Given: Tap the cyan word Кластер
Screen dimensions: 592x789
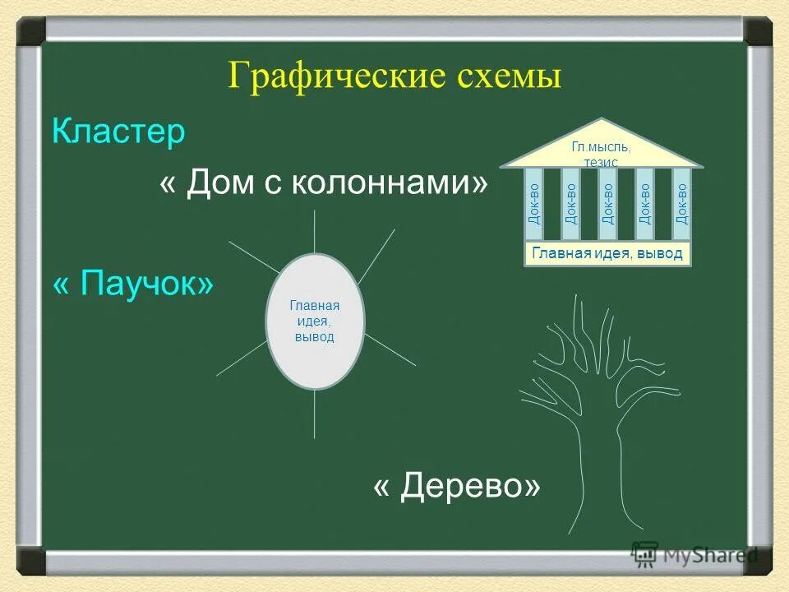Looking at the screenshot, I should (118, 132).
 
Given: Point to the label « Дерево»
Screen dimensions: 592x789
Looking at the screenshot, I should (457, 488).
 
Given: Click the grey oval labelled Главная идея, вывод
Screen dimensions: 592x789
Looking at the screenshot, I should (315, 321).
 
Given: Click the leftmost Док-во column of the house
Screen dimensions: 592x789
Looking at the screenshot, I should (534, 205).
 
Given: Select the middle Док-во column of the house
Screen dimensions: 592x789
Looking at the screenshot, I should (607, 205).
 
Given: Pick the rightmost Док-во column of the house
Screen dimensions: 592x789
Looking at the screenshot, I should (681, 205).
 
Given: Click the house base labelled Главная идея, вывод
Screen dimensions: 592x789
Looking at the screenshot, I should (607, 254).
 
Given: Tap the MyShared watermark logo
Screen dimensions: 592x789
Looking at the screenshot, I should (694, 555).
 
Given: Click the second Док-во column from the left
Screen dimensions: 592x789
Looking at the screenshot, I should (571, 205).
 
